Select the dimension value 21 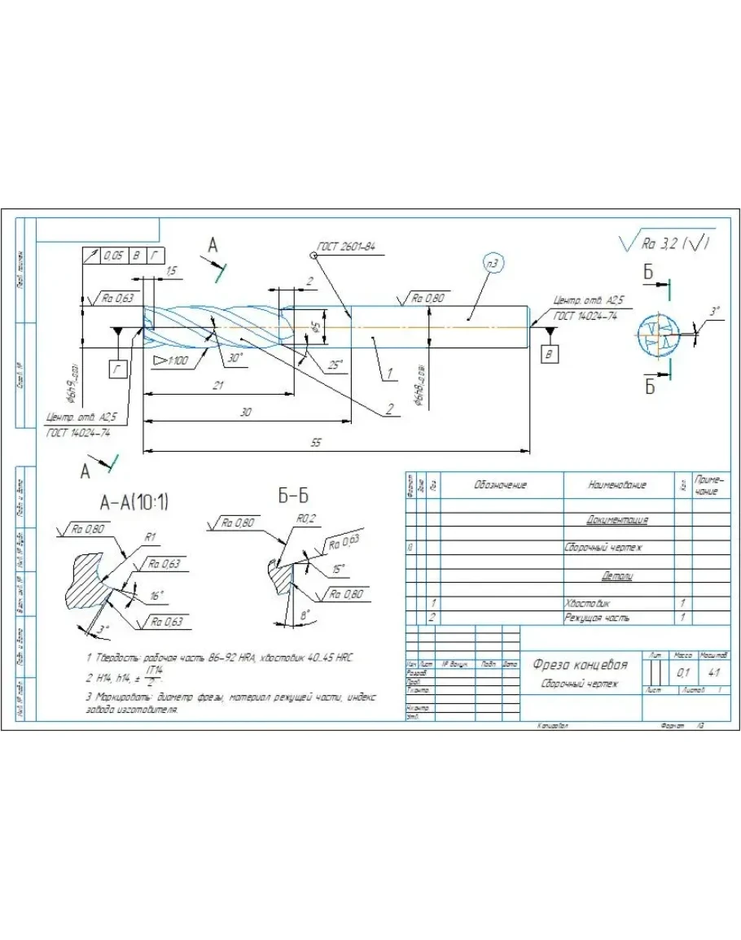point(217,386)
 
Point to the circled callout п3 point(492,263)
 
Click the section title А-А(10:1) point(126,502)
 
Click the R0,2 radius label point(305,518)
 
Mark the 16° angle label point(156,596)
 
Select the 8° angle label point(305,617)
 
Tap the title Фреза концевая point(580,664)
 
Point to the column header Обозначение point(500,485)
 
